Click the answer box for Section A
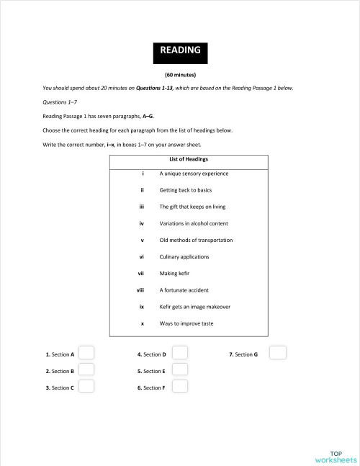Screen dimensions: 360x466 point(86,353)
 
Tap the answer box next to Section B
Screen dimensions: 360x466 point(86,369)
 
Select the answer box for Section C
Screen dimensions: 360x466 point(86,386)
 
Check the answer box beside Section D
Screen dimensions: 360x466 point(180,353)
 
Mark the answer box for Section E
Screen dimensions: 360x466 point(180,369)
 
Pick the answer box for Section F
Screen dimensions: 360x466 point(180,386)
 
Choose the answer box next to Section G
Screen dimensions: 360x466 point(277,353)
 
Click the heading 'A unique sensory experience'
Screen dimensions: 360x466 point(194,174)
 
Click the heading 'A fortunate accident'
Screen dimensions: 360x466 point(184,290)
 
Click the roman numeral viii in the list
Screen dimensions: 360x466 point(141,290)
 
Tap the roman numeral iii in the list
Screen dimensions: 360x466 point(143,207)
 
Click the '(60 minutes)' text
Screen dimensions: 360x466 point(180,74)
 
